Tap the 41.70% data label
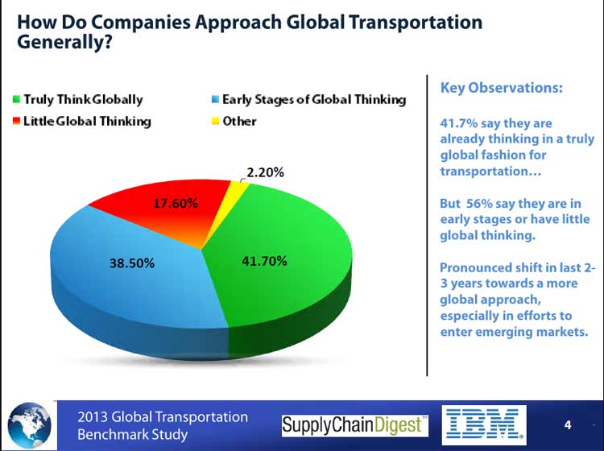[264, 261]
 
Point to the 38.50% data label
[132, 263]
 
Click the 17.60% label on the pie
[176, 203]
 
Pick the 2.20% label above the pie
[265, 172]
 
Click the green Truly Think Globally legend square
[17, 99]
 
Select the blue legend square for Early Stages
[215, 99]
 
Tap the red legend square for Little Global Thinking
[17, 121]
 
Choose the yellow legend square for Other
[215, 121]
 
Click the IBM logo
[484, 424]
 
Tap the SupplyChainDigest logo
[355, 425]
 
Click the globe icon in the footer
[29, 425]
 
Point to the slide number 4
[568, 424]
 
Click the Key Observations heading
[502, 88]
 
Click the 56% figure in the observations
[479, 204]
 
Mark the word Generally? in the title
[64, 42]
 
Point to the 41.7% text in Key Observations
[458, 123]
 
